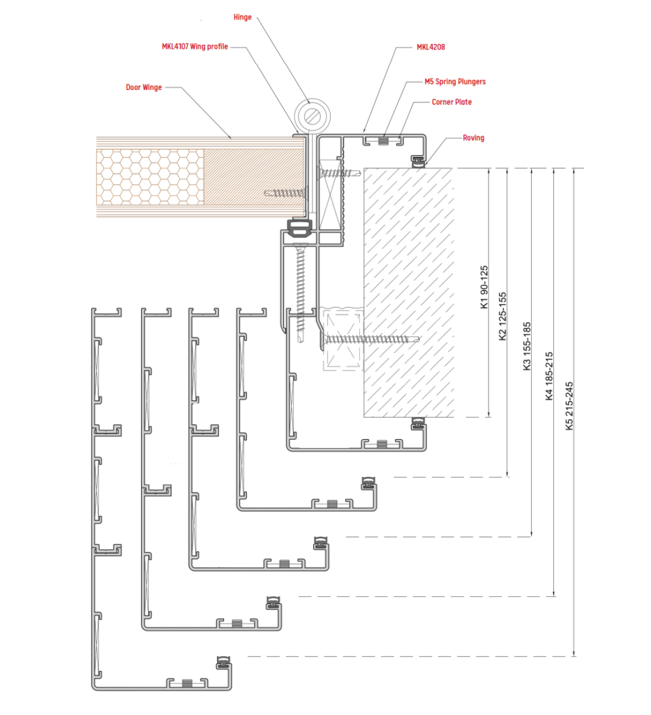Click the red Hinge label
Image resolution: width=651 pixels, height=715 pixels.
(x=242, y=17)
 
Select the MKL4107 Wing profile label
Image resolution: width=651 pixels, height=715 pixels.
(x=195, y=47)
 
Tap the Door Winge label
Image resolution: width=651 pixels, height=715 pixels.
(x=144, y=87)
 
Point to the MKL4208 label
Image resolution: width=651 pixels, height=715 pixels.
(x=431, y=47)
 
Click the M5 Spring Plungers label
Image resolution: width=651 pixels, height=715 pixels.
(x=455, y=82)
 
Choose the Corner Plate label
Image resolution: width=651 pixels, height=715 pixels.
(x=451, y=102)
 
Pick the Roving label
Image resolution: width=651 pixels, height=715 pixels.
(x=473, y=138)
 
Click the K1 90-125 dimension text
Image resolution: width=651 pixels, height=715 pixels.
(x=484, y=287)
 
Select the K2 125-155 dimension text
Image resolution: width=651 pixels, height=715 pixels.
(x=502, y=316)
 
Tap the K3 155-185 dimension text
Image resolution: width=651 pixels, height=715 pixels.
(x=527, y=346)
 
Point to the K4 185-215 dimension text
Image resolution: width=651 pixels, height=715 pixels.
(x=548, y=376)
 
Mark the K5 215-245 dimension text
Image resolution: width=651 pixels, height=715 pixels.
(x=569, y=406)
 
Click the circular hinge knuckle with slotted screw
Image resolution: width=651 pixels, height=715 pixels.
(x=312, y=116)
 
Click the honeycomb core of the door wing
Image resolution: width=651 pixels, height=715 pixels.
(x=150, y=177)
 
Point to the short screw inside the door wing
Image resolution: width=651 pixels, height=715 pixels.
(x=284, y=193)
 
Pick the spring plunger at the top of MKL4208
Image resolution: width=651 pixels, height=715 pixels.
(x=384, y=141)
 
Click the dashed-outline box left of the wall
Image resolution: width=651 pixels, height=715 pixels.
(x=343, y=339)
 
